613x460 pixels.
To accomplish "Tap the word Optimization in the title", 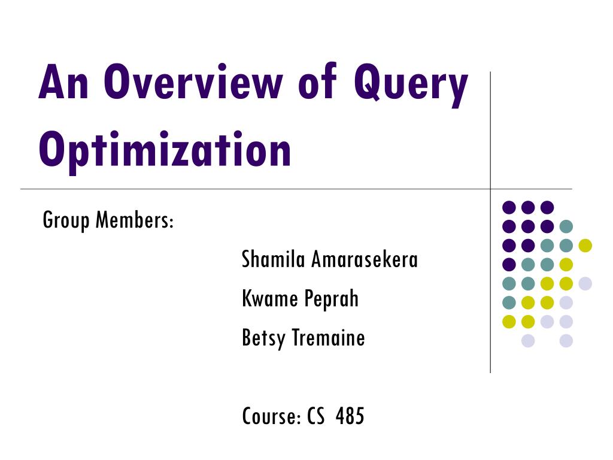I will (x=165, y=150).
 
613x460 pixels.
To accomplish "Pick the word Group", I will (x=66, y=221).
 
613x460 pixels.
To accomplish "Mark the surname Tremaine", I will (x=329, y=338).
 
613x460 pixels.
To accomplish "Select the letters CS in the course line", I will (x=316, y=416).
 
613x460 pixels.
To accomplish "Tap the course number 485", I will (x=350, y=416).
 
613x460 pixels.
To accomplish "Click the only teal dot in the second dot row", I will (x=566, y=226).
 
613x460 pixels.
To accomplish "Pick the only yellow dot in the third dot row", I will (x=585, y=245).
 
